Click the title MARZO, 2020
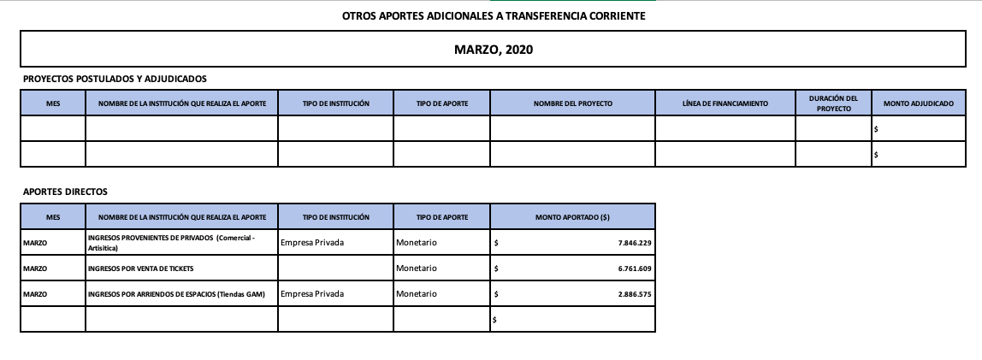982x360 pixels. (x=494, y=50)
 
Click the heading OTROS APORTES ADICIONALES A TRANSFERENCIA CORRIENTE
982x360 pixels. (x=494, y=16)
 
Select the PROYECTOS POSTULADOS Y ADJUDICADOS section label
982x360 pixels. (x=115, y=79)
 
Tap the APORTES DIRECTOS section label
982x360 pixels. (x=66, y=192)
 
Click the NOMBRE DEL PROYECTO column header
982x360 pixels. (x=572, y=103)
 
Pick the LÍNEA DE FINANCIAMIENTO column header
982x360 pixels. (x=725, y=103)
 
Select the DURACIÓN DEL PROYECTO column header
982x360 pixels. (x=833, y=103)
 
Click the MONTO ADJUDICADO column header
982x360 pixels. (x=918, y=103)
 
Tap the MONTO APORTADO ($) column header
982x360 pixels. (x=572, y=217)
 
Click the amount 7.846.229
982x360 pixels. (x=634, y=244)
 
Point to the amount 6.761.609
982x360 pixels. (x=634, y=269)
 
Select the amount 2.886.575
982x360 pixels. (x=634, y=294)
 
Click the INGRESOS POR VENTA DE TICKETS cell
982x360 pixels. (x=141, y=269)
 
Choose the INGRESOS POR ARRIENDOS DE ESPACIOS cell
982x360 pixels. (x=176, y=294)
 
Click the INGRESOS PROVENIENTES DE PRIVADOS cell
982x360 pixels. (x=171, y=243)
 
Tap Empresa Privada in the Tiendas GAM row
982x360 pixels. (x=312, y=294)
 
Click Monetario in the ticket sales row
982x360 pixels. (x=417, y=269)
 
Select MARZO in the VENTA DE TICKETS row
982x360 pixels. (x=35, y=269)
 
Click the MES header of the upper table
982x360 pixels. (x=53, y=103)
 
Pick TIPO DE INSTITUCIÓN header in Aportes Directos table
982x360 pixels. (x=335, y=217)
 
